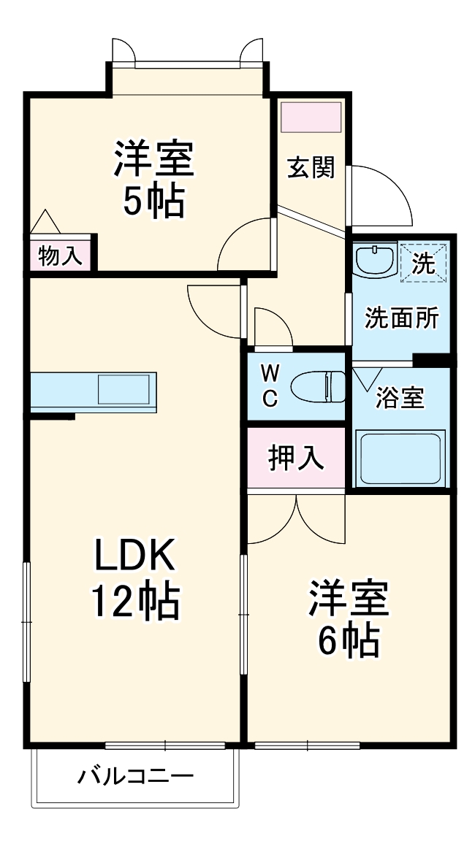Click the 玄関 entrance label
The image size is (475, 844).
[x=311, y=168]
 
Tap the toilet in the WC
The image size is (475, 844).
[x=319, y=386]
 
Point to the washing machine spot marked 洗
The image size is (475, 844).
[x=423, y=261]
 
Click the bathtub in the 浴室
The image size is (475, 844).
[x=400, y=457]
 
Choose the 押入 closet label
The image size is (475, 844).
[x=295, y=458]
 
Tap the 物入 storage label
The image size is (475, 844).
[x=60, y=256]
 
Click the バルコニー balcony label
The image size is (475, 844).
[x=136, y=775]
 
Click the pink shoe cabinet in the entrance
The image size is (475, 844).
[x=311, y=117]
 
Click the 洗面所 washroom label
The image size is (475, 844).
[x=401, y=318]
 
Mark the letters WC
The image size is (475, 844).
[x=270, y=386]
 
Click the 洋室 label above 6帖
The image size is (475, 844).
[x=348, y=599]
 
